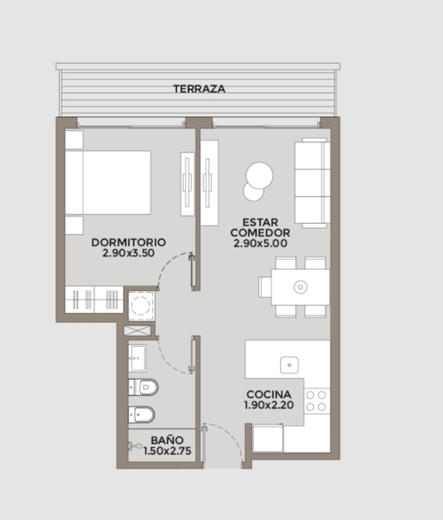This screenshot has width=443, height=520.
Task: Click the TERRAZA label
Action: (199, 89)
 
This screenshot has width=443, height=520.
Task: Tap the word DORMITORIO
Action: (128, 242)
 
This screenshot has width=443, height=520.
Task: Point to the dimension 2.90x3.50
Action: (128, 253)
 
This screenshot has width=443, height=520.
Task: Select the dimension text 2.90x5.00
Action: (260, 243)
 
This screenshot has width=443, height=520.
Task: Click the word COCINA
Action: (269, 395)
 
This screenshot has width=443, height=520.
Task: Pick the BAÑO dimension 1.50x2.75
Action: (167, 451)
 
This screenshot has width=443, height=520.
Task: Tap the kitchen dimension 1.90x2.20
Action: (269, 405)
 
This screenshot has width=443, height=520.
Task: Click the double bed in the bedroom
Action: (108, 182)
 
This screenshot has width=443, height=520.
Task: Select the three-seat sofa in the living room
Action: (313, 183)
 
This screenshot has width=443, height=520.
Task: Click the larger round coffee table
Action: (259, 175)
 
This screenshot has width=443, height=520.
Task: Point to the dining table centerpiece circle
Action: (300, 287)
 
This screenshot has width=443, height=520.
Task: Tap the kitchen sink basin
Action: (289, 365)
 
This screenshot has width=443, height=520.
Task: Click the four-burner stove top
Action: (316, 401)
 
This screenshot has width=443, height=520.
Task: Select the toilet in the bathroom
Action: (144, 387)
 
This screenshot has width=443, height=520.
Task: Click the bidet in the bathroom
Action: (142, 415)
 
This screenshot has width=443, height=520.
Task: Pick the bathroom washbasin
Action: (137, 358)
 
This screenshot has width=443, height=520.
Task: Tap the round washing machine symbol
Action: (141, 305)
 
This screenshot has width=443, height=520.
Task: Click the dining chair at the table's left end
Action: (265, 287)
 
